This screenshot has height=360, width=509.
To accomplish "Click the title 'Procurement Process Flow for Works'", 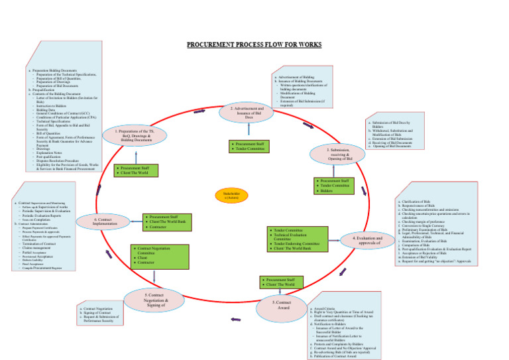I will click(254, 45).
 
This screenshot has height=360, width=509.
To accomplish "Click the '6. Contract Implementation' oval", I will click(99, 222).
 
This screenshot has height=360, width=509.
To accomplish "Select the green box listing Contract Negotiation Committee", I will click(152, 254).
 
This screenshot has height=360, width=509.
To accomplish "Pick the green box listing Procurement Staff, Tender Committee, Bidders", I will click(334, 186).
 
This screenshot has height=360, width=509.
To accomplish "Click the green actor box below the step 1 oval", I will click(135, 172).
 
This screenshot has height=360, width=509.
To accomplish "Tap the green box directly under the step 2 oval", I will click(247, 146).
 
